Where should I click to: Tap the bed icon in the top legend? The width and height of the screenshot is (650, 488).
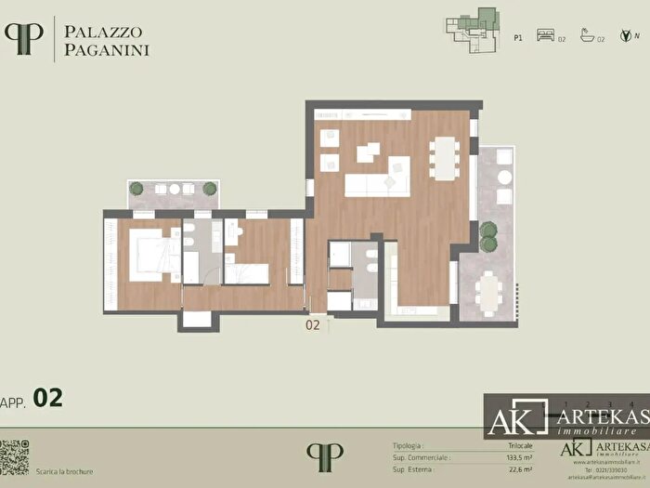click(545, 40)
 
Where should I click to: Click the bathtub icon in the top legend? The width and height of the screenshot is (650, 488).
click(586, 40)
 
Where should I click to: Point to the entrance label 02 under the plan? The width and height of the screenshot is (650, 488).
click(312, 325)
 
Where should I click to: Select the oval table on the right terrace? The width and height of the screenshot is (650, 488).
click(487, 292)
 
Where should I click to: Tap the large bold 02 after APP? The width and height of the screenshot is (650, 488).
click(48, 398)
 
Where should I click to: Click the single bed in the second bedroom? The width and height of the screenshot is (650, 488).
click(247, 273)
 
